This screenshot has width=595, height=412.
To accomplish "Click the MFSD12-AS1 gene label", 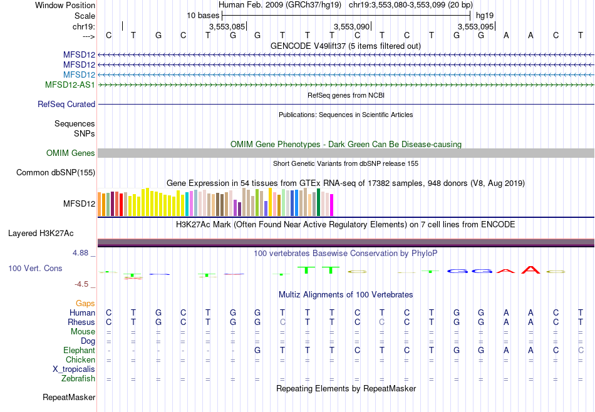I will coord(70,85).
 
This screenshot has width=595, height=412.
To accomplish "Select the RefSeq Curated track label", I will coord(66,105).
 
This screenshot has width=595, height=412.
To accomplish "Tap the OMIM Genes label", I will coord(71,153).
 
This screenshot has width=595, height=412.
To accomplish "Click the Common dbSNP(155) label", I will coord(56,173).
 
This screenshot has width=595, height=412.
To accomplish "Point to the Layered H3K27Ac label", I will coord(41,234).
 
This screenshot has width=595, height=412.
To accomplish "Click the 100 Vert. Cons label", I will coord(35,268).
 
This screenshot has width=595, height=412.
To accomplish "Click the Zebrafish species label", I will coord(78,379).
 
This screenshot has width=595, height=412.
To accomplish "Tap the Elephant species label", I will coord(79,351).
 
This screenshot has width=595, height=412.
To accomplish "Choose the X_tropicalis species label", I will coord(74,369).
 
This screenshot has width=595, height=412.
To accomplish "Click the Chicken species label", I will coord(80,360).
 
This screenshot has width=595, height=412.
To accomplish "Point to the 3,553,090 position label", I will coord(351,27).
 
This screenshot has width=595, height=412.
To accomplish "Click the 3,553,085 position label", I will coord(227,27).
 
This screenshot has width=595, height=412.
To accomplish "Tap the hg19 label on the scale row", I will coord(485,15).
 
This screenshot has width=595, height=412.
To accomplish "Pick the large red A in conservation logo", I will coord(532,270).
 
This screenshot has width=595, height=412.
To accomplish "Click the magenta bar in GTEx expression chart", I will coord(331,205).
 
